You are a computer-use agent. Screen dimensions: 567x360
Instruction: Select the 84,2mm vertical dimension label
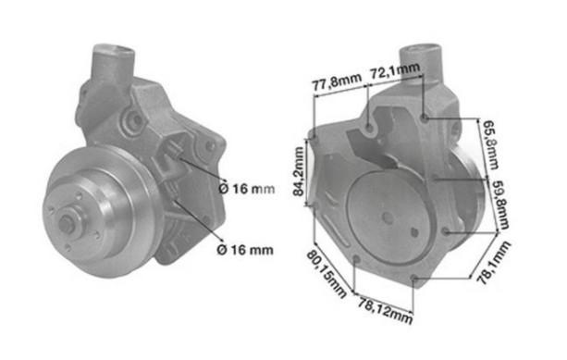(299, 171)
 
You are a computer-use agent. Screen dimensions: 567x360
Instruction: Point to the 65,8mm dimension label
(491, 145)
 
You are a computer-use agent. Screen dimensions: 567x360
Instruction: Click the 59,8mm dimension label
(500, 205)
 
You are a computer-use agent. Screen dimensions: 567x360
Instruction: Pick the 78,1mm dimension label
(493, 262)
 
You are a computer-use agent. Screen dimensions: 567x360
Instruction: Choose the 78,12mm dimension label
(385, 310)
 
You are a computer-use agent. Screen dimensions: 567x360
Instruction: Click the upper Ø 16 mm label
(247, 189)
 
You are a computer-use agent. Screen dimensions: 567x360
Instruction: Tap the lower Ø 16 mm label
(245, 250)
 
